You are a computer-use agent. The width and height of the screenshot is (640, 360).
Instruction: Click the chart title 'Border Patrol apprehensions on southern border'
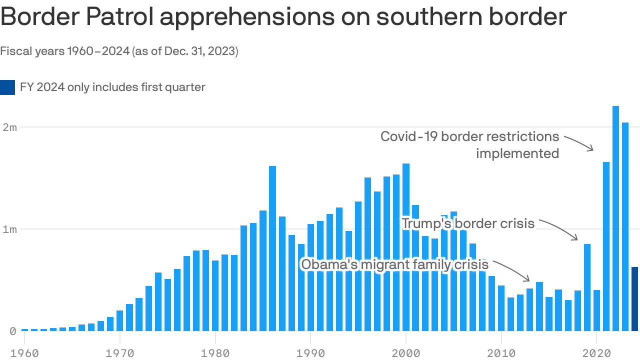(x=283, y=17)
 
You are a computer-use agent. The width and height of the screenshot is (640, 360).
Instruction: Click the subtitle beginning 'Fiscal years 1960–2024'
(x=119, y=51)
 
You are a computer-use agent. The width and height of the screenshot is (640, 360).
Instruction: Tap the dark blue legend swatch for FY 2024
(x=7, y=87)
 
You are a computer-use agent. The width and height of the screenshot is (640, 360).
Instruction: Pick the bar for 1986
(x=272, y=248)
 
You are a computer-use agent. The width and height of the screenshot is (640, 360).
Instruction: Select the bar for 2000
(x=406, y=247)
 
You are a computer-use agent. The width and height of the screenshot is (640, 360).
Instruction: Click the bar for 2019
(x=587, y=287)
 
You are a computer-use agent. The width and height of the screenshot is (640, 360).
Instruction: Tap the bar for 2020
(x=596, y=310)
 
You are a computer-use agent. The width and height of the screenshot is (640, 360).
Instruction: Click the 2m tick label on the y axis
(x=10, y=127)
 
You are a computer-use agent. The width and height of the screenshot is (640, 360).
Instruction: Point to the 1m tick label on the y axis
(x=10, y=229)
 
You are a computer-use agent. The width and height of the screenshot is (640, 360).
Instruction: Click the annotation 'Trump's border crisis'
(x=468, y=223)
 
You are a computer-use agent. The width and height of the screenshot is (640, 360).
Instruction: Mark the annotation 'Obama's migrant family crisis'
(x=394, y=264)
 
